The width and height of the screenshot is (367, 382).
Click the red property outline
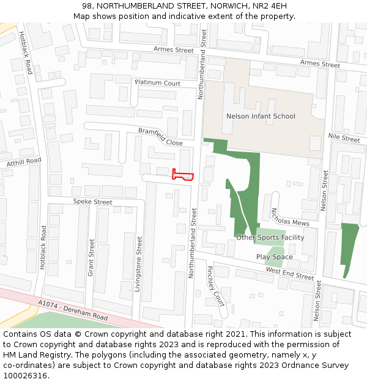click(183, 175)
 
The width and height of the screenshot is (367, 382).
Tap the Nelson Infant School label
click(261, 116)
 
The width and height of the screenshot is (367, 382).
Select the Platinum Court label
click(158, 83)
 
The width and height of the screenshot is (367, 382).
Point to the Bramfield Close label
click(160, 137)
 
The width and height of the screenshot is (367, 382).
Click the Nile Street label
click(344, 139)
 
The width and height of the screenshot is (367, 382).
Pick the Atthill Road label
click(24, 161)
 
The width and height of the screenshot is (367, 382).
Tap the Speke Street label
click(93, 202)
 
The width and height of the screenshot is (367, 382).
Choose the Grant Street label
click(91, 257)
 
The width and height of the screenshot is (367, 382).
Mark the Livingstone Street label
click(139, 264)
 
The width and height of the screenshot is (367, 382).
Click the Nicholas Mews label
click(290, 218)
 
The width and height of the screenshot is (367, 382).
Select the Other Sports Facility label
click(270, 237)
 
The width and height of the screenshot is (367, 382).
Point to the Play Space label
click(274, 257)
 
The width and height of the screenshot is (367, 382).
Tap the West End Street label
click(289, 273)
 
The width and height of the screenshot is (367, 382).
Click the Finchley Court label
click(215, 285)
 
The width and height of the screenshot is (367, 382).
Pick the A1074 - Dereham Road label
click(72, 310)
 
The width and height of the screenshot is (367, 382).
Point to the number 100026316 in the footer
click(25, 375)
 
